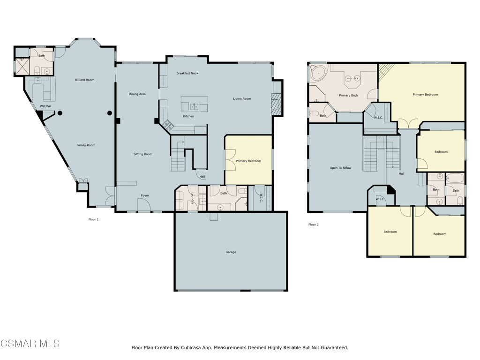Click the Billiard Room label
tap(84, 80)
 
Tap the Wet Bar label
tap(45, 106)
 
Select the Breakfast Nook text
tap(187, 73)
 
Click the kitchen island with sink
tap(195, 104)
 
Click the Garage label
tap(231, 252)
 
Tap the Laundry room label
tap(192, 199)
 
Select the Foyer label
tap(145, 195)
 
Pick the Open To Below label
tap(340, 168)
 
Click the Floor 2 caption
tap(314, 225)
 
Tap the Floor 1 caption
tap(94, 219)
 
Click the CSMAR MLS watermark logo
tap(30, 344)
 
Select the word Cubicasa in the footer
tap(198, 348)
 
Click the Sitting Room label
tap(143, 154)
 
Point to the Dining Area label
tap(137, 94)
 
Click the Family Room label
tap(86, 145)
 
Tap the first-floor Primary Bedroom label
tap(248, 161)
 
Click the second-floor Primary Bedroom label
tap(425, 95)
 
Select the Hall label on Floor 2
tap(402, 174)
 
